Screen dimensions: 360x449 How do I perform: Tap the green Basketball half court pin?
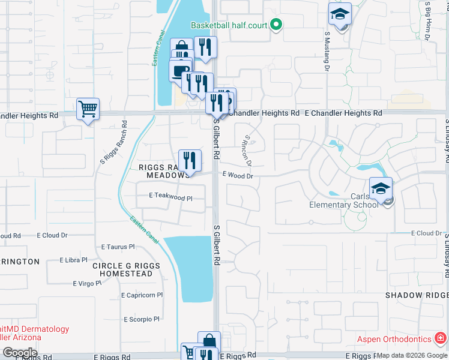[276, 25]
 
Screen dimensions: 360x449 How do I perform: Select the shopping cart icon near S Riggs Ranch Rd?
[88, 109]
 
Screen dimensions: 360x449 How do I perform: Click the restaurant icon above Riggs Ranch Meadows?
[190, 160]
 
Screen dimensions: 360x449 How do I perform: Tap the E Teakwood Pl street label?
[170, 197]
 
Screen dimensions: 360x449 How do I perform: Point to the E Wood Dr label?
[238, 176]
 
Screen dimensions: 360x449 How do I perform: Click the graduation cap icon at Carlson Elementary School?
[381, 188]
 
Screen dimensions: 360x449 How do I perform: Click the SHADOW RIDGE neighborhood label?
[417, 295]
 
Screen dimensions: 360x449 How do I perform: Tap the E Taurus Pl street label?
[118, 246]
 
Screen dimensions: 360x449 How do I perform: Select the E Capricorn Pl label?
[142, 295]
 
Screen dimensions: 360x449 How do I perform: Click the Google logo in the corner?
[20, 352]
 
